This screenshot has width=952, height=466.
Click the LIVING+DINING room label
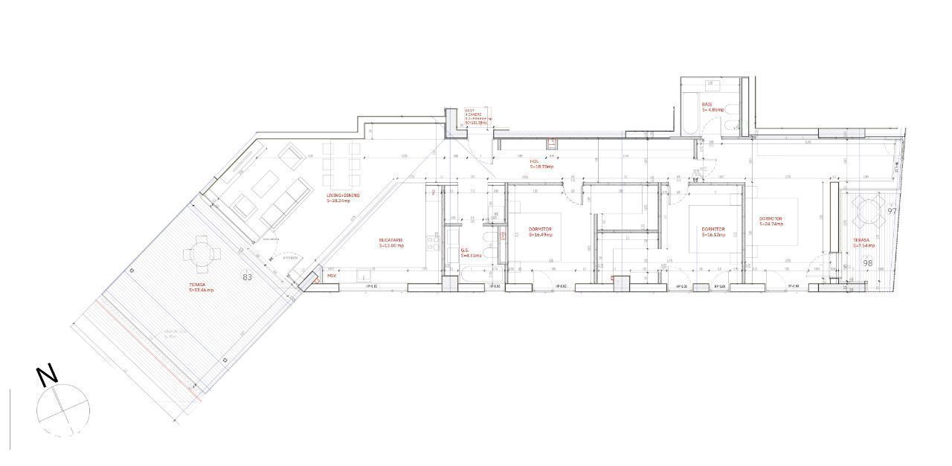click(343, 195)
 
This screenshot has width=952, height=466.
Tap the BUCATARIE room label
click(390, 240)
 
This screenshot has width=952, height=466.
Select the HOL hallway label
click(534, 161)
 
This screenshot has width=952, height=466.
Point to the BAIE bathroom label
click(707, 105)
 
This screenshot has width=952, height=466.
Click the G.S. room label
click(464, 250)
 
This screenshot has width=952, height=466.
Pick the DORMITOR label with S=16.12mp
click(713, 229)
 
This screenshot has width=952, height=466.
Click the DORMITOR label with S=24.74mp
click(771, 219)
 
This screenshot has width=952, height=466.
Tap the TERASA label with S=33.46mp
click(199, 285)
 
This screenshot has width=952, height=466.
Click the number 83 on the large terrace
click(248, 276)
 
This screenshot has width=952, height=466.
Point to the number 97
click(892, 211)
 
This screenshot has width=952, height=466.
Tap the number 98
click(868, 262)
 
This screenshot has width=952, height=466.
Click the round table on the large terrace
click(202, 253)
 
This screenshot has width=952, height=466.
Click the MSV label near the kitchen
click(332, 275)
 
